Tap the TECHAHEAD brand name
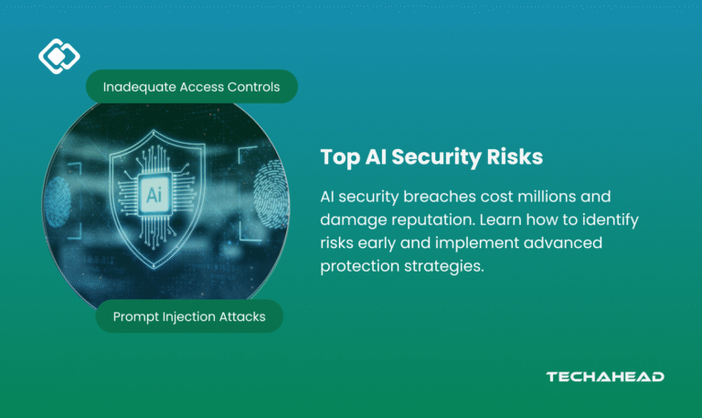pos(604,376)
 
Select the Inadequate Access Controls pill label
pos(191,87)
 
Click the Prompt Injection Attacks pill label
pos(189,316)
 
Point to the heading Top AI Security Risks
pos(431,157)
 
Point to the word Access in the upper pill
pos(197,87)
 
